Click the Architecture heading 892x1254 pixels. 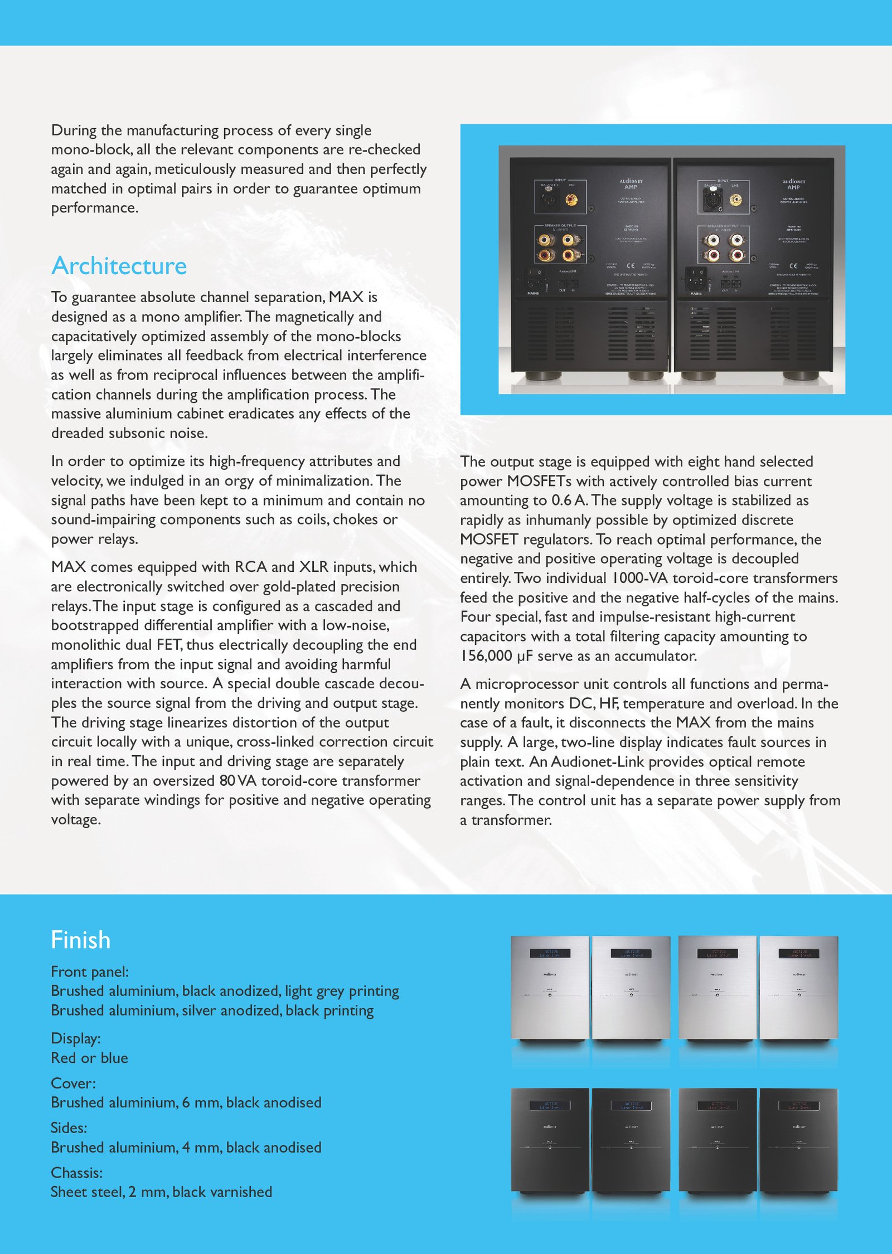(x=119, y=266)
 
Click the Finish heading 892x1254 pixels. (x=81, y=940)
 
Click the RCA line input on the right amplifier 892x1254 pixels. (x=736, y=199)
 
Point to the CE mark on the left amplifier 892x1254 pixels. (x=631, y=266)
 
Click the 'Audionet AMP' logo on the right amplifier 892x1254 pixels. (x=793, y=184)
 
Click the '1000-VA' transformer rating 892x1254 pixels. (x=640, y=579)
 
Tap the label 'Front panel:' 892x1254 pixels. (x=90, y=972)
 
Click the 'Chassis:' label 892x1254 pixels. (x=77, y=1173)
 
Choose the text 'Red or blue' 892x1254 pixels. (x=89, y=1058)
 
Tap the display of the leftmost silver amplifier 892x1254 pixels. (x=549, y=954)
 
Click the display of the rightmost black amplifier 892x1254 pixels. (x=799, y=1105)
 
